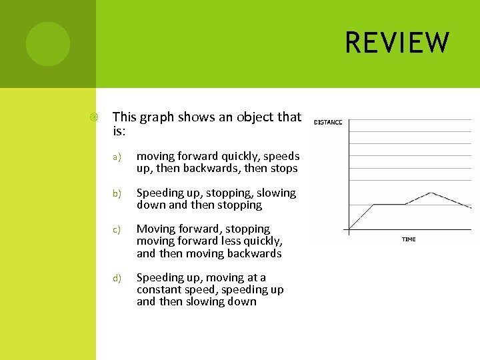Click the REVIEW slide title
[397, 43]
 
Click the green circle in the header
[47, 44]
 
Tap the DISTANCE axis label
[328, 122]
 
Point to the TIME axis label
[409, 239]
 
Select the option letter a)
[116, 157]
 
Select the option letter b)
[116, 193]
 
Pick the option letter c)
[116, 230]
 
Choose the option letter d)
[116, 278]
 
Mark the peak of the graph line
[431, 193]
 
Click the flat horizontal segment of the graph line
[390, 204]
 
